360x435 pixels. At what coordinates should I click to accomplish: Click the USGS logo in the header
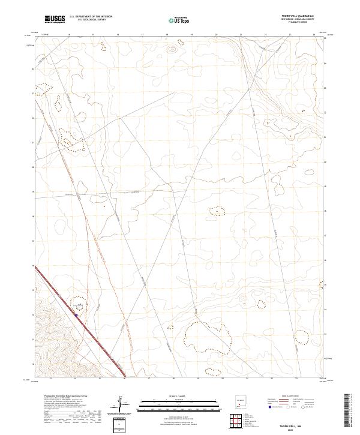(x=55, y=19)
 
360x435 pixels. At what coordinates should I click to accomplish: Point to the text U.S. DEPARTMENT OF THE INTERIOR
(x=91, y=17)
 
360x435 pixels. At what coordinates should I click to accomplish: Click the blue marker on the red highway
(x=76, y=314)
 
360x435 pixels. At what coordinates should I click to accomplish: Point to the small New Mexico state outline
(x=239, y=403)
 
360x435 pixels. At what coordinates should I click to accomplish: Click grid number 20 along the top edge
(x=215, y=35)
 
